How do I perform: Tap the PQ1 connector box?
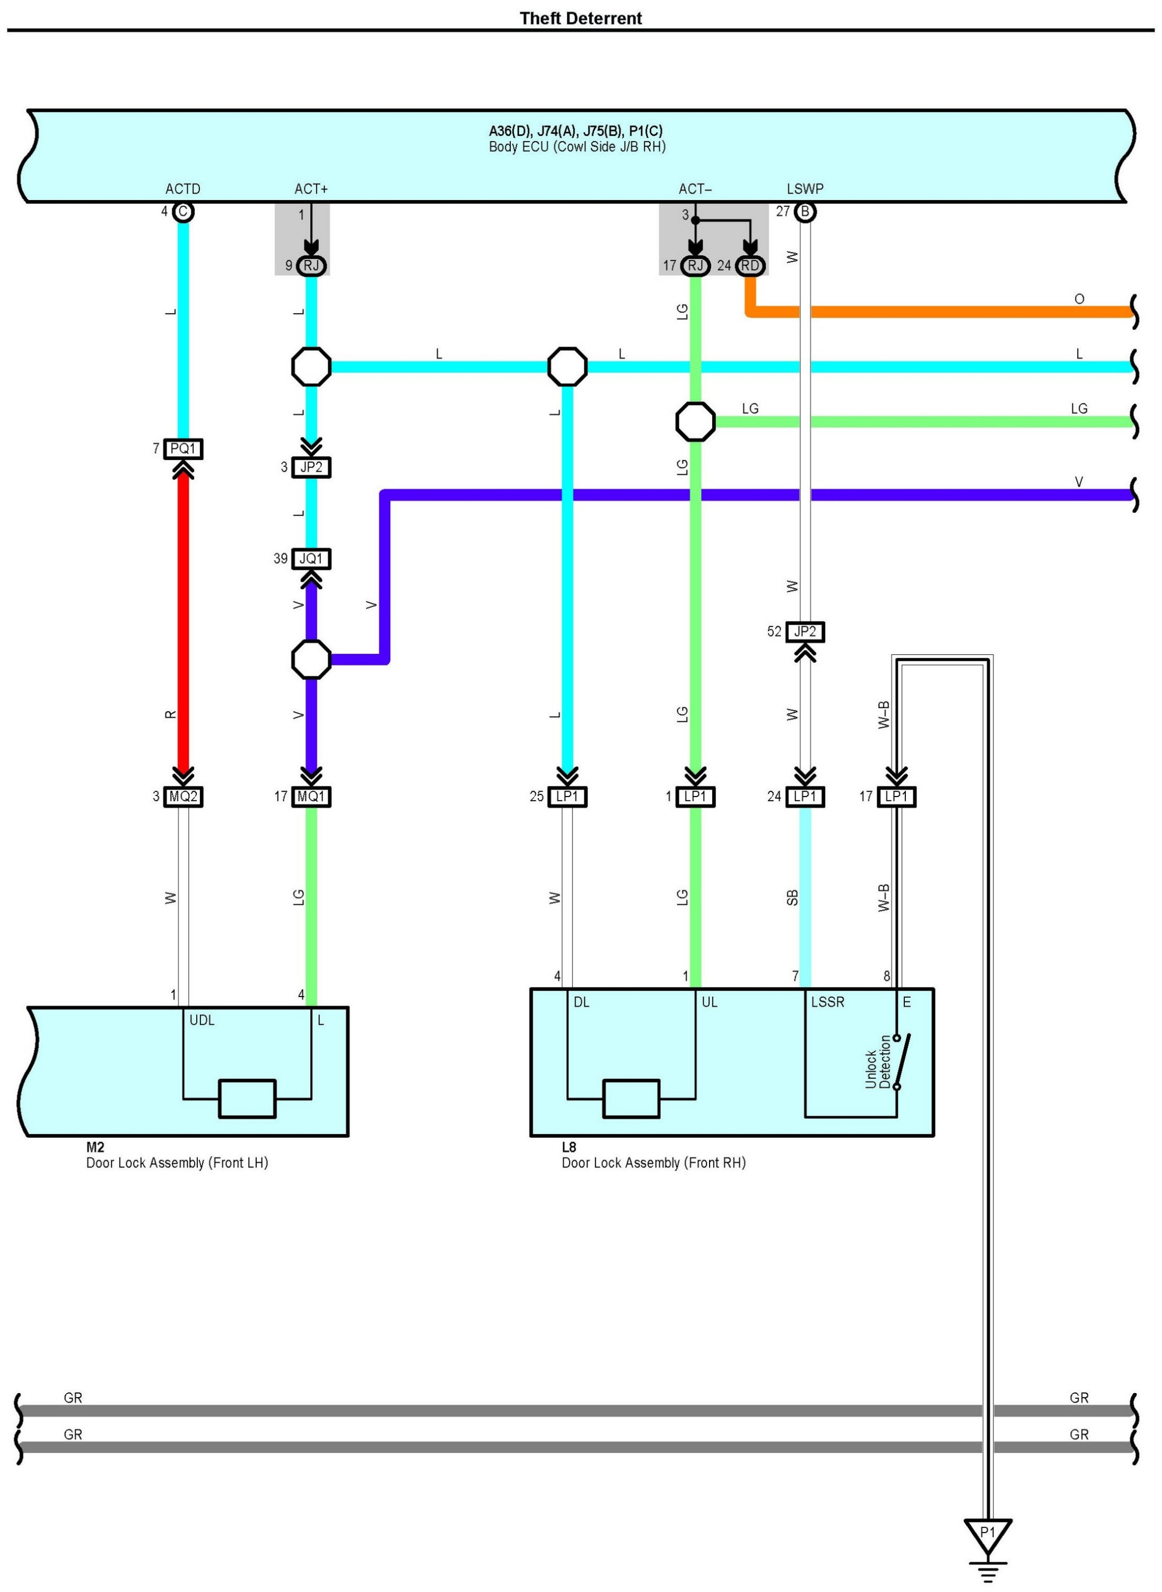click(x=183, y=448)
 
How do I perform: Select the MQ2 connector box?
click(x=183, y=796)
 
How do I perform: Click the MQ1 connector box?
click(x=311, y=796)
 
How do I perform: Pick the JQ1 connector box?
click(x=311, y=558)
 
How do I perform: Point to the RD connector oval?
click(x=750, y=265)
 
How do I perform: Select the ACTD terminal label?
click(x=183, y=188)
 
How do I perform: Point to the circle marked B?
click(x=806, y=212)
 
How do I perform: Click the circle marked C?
click(x=184, y=212)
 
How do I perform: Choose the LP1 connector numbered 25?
click(x=567, y=796)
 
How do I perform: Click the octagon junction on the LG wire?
click(x=695, y=421)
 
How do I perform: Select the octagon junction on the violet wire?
click(x=311, y=660)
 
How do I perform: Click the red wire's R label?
click(x=170, y=714)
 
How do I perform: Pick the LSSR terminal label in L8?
click(x=827, y=1001)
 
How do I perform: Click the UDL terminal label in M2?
click(x=202, y=1020)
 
